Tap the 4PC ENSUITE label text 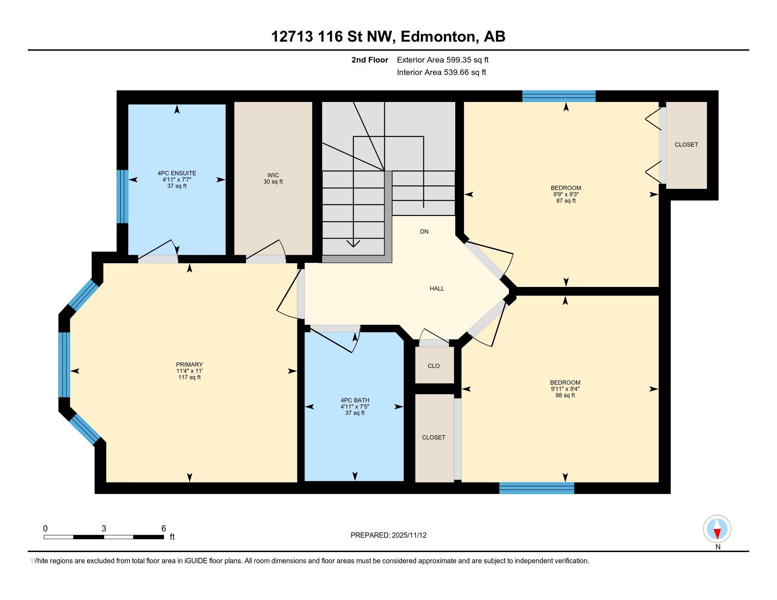coord(177,173)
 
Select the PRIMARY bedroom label coord(189,364)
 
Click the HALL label coord(437,289)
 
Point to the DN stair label coord(424,232)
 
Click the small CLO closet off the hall coord(434,366)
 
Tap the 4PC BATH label coord(355,400)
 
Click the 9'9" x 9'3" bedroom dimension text coord(566,194)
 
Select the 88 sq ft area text coord(565,395)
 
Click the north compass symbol coord(717,529)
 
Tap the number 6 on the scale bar coord(164,529)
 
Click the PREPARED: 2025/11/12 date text coord(388,535)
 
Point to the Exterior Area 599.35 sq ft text coord(443,60)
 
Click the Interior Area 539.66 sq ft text coord(441,72)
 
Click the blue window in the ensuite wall coord(123,197)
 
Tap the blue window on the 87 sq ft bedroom coord(559,96)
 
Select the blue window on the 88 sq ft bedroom coord(536,488)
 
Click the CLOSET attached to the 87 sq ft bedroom coord(686,145)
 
